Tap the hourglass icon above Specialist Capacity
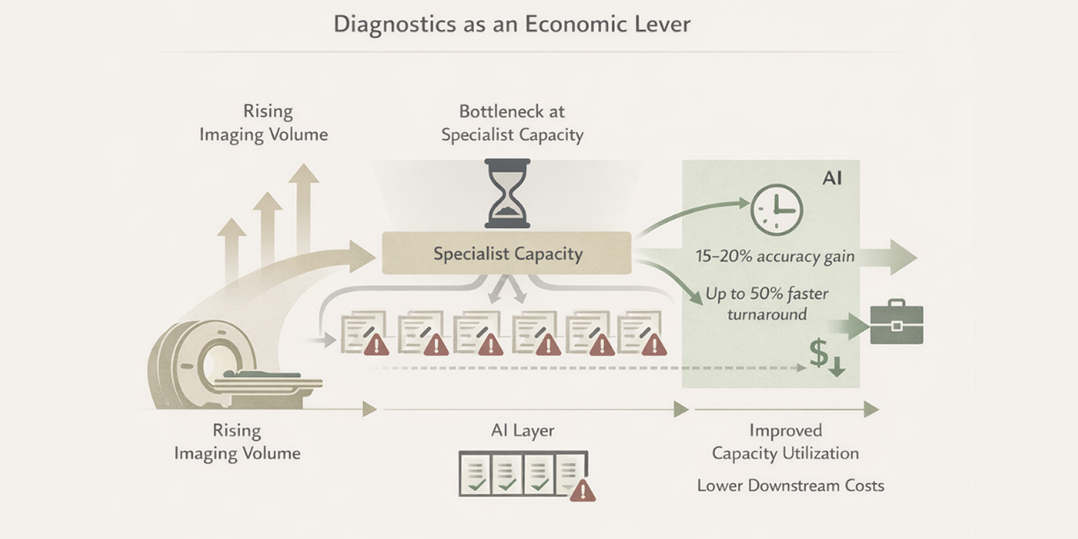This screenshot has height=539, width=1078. pos(507,194)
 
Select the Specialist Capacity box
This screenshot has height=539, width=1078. pos(507,254)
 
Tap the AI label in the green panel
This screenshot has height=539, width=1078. pos(831,178)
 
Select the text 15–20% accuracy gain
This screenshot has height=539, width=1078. pos(774,257)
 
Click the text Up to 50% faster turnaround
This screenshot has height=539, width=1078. pos(766,303)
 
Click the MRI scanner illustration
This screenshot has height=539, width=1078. pos(208,366)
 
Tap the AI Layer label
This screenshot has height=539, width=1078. pos(523,431)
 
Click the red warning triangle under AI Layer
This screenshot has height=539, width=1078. pos(583,490)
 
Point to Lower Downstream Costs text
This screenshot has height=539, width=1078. pos(791,485)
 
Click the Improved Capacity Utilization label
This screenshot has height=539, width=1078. pos(785,442)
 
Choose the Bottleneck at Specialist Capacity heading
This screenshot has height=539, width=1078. pos(512,123)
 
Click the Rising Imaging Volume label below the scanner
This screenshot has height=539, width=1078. pos(237,442)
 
